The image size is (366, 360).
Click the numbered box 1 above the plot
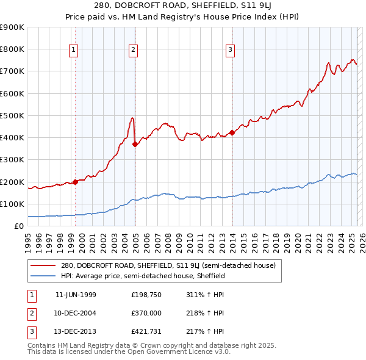(74, 50)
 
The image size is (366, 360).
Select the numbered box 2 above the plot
(133, 50)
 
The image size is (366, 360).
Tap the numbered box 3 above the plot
(231, 50)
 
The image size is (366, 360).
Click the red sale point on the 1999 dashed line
(75, 182)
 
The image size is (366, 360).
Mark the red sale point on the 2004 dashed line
(135, 144)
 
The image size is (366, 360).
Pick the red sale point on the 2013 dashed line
(232, 132)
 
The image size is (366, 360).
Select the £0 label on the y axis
(19, 226)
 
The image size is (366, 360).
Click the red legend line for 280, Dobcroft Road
(43, 266)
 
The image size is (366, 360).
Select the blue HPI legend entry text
(143, 276)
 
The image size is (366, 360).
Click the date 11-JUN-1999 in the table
(76, 295)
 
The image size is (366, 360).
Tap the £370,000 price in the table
(146, 313)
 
